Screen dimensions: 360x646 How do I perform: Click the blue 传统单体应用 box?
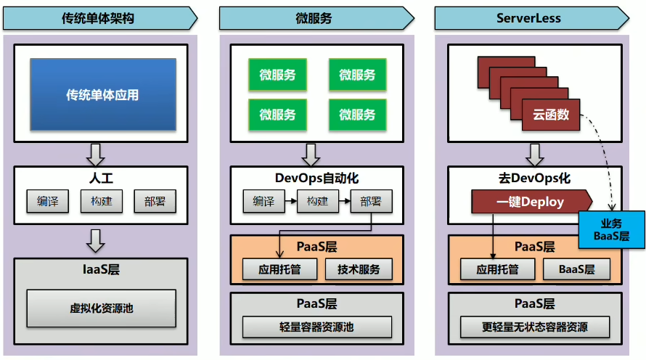102,94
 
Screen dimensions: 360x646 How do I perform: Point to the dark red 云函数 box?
551,114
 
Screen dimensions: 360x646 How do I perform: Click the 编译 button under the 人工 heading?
48,201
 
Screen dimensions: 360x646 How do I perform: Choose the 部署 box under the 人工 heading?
155,201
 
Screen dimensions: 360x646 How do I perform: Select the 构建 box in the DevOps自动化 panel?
317,201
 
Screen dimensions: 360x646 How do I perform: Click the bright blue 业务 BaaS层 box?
611,230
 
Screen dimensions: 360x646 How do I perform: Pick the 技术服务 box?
359,269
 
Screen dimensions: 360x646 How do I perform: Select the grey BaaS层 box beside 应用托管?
576,269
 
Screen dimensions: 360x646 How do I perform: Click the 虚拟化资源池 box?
101,308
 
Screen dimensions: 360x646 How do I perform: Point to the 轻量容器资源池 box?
316,327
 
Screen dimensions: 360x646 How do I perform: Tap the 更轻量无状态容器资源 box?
534,327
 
